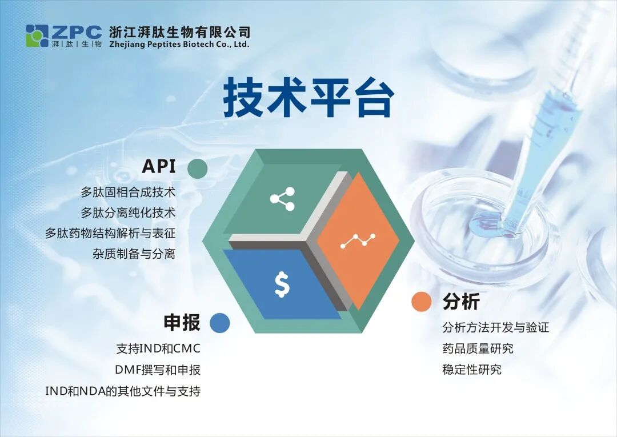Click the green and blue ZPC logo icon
[37, 36]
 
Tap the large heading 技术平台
[308, 99]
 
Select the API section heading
[159, 166]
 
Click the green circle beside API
[197, 169]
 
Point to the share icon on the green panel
[282, 199]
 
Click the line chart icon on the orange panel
[358, 240]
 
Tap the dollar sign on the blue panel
[282, 284]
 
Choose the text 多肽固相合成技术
[128, 193]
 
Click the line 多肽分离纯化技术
[128, 213]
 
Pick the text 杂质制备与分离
[134, 254]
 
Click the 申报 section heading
[182, 323]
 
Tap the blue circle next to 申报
[219, 323]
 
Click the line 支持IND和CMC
[158, 348]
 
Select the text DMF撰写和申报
[158, 370]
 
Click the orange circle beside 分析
[422, 302]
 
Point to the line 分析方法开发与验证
[495, 328]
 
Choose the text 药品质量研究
[478, 348]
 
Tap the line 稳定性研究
[472, 370]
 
